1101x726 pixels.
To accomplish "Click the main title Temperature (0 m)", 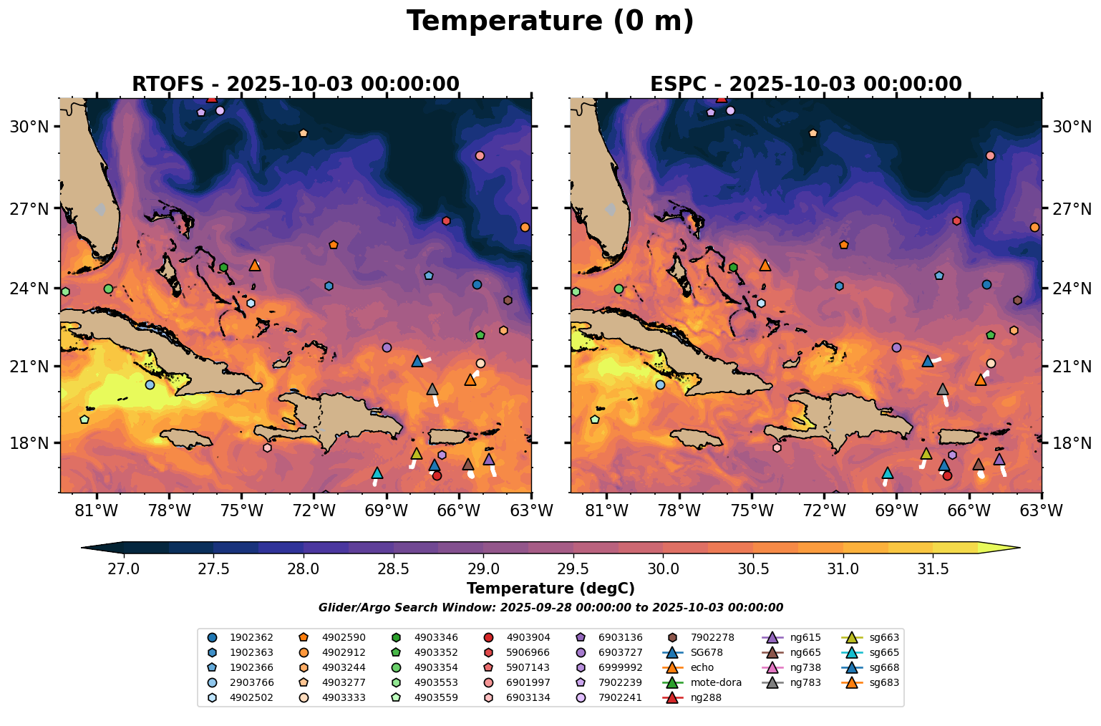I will (550, 21).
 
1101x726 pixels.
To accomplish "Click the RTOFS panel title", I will (295, 84).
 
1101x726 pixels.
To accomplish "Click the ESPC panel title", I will (805, 84).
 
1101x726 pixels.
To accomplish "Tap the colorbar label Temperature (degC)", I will (550, 589).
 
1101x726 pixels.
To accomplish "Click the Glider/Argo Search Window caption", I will (550, 608).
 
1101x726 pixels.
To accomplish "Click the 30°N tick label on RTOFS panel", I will (29, 127).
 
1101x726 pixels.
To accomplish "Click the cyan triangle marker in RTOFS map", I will (377, 473).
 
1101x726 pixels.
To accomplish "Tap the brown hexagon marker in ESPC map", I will (1017, 300).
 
